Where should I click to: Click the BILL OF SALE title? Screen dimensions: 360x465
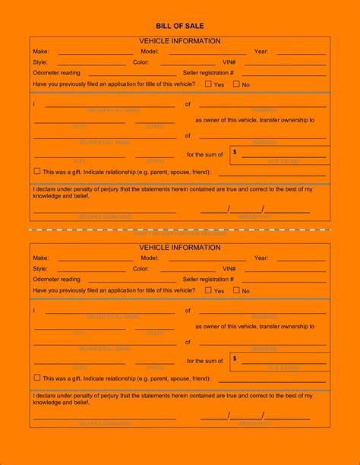tap(179, 25)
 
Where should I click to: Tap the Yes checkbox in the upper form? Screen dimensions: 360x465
tap(209, 84)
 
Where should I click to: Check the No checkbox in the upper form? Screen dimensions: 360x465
tap(236, 84)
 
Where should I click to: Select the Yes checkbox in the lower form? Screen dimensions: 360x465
tap(209, 290)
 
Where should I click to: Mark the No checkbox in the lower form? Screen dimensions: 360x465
tap(236, 290)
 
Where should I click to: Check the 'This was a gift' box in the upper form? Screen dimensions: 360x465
tap(37, 171)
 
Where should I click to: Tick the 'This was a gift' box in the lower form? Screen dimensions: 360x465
tap(37, 378)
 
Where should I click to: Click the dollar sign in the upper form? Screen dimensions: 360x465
tap(235, 152)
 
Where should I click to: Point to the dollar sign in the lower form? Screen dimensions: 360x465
tap(235, 359)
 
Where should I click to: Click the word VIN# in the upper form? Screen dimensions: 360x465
tap(229, 62)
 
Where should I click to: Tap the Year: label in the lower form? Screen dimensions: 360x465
tap(261, 258)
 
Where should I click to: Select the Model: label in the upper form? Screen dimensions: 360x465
tap(150, 52)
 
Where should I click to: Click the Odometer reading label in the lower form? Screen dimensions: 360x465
tap(56, 280)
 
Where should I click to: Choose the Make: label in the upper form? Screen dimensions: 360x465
tap(40, 52)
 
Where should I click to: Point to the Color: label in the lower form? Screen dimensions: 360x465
tap(141, 269)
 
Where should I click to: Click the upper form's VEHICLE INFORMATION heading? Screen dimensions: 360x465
tap(180, 40)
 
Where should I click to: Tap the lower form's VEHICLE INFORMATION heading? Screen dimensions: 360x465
tap(180, 248)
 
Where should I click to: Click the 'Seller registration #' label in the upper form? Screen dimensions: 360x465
tap(208, 73)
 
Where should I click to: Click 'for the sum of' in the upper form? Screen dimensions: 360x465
tap(205, 155)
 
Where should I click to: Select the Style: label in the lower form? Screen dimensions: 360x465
tap(39, 269)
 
